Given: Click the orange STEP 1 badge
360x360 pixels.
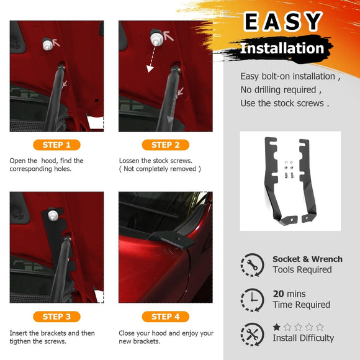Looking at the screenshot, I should [x=56, y=145].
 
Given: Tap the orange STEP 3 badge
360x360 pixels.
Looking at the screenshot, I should [x=56, y=317].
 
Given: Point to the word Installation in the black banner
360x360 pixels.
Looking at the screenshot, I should [x=282, y=48].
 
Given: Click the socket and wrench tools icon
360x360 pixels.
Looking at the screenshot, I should [x=252, y=264].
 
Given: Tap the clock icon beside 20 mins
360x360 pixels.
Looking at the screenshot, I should [x=252, y=299].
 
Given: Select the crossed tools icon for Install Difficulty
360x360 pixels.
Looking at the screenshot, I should [x=252, y=333].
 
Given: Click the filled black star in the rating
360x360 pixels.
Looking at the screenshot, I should [x=277, y=326].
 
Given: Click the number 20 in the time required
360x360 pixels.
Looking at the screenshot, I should [x=279, y=294].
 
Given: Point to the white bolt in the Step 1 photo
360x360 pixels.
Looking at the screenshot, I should [x=46, y=45].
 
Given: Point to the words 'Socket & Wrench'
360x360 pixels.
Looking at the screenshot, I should [x=307, y=259].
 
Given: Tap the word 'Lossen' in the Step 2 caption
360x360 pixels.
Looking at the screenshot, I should [x=132, y=161].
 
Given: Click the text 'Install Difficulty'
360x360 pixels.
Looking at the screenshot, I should [x=303, y=338].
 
